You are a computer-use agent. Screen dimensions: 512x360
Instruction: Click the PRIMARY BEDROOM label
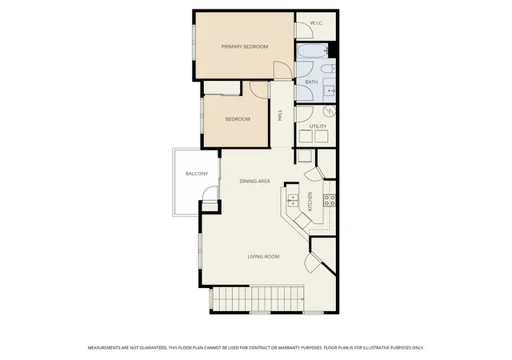click(x=245, y=46)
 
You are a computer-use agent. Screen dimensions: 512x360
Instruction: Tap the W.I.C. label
click(x=317, y=23)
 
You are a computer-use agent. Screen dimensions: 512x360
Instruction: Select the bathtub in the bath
click(x=313, y=50)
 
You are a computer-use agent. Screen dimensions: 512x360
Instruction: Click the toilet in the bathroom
click(x=327, y=69)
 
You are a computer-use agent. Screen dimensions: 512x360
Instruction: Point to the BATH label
click(x=311, y=82)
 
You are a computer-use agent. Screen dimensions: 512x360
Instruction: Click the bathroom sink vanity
click(x=329, y=90)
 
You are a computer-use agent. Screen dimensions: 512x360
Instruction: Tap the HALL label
click(x=280, y=115)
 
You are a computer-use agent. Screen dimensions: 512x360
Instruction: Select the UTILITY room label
click(x=318, y=126)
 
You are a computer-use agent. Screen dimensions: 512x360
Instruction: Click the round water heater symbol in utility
click(x=329, y=111)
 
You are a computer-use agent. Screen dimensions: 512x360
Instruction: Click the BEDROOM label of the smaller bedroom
click(x=238, y=119)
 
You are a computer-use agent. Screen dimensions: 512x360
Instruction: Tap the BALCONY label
click(x=197, y=174)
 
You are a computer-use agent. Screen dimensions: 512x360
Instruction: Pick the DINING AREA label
click(x=254, y=182)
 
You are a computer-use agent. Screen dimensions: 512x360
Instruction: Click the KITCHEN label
click(x=310, y=202)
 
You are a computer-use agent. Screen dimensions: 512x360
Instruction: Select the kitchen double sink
click(x=293, y=200)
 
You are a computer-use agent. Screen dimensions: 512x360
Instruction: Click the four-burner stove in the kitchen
click(x=329, y=200)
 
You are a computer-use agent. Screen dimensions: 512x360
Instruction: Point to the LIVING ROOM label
click(x=263, y=257)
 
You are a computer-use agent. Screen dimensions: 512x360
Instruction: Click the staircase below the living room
click(x=258, y=299)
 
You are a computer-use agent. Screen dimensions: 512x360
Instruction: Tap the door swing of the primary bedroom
click(x=282, y=70)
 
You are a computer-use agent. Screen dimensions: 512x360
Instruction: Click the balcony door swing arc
click(x=210, y=193)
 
